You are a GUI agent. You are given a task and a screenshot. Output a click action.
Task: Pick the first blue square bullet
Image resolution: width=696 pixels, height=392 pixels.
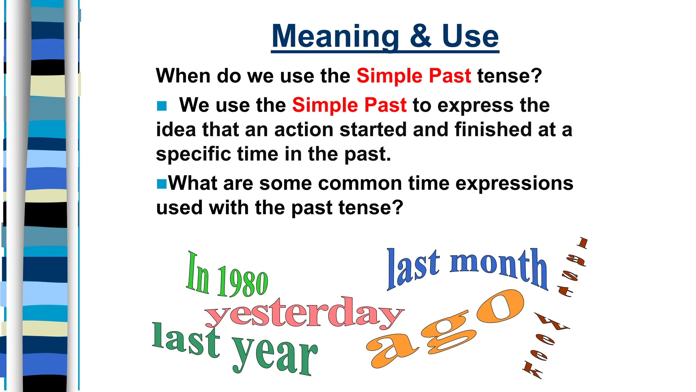[162, 106]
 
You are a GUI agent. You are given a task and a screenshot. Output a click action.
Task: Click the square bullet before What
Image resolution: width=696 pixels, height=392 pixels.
[162, 184]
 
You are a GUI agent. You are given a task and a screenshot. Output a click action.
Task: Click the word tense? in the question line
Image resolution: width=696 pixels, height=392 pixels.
[509, 76]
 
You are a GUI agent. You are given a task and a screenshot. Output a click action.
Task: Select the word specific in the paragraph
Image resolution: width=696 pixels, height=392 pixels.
[193, 154]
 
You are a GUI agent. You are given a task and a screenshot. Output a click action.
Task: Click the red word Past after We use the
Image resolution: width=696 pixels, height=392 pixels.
[385, 105]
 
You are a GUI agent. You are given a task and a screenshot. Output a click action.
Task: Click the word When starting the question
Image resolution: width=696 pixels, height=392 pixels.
[183, 76]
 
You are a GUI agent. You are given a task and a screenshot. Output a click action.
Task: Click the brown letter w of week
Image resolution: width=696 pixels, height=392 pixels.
[552, 322]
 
